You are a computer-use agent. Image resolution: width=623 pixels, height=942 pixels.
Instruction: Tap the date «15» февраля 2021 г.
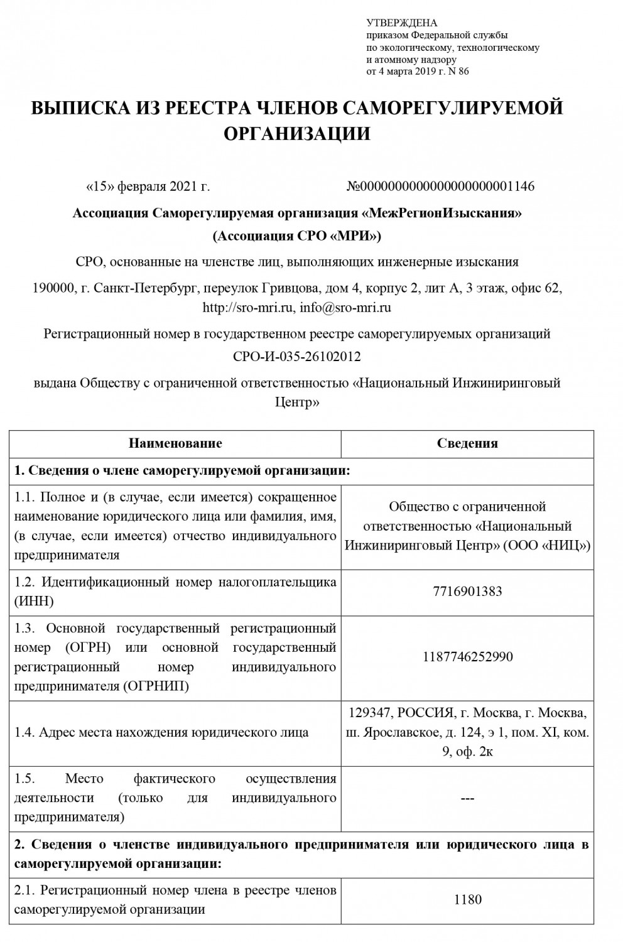147,187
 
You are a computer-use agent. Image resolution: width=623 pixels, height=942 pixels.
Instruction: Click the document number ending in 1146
441,187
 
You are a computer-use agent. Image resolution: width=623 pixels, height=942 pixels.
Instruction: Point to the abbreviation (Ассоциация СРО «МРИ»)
297,237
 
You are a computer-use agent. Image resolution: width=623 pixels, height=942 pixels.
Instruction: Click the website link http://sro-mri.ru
248,308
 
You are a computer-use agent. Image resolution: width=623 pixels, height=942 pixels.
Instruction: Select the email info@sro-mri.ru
345,308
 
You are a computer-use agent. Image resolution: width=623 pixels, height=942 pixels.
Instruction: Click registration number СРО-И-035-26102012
297,357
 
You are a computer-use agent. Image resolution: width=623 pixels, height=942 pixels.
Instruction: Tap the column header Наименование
175,443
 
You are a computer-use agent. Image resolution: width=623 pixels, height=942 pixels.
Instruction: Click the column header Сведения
467,443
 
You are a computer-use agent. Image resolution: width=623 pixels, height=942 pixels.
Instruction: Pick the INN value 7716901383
467,592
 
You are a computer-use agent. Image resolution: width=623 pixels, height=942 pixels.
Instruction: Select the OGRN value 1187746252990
467,657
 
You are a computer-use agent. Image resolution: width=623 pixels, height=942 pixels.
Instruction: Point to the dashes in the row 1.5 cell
467,798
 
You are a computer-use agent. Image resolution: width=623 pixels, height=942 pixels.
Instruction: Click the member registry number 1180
467,899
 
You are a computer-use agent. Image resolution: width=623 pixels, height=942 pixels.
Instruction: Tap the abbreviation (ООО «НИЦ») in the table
546,545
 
